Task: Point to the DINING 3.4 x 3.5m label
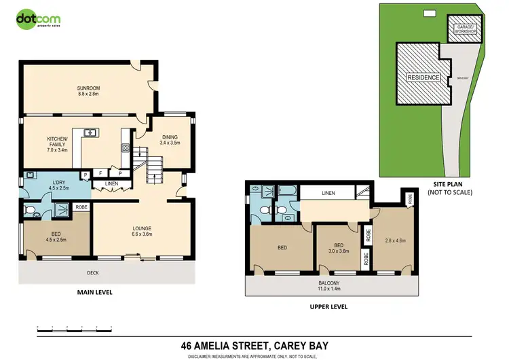pyautogui.click(x=170, y=141)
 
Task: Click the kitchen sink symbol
pyautogui.click(x=90, y=132)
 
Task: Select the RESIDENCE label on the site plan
pyautogui.click(x=423, y=77)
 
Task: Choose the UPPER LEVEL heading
pyautogui.click(x=328, y=307)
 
